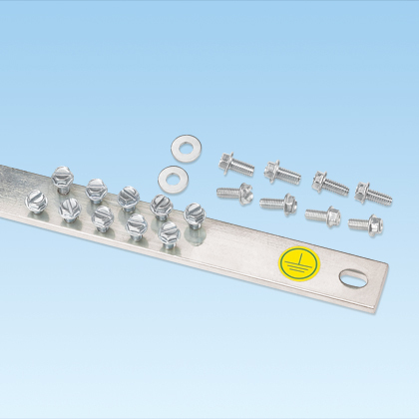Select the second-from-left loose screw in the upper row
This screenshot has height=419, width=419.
tap(282, 173)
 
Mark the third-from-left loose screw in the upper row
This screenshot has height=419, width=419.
tap(328, 183)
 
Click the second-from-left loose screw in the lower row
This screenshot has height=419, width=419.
tap(277, 204)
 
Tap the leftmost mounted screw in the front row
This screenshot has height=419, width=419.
tap(36, 201)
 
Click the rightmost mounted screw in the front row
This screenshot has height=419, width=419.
tap(169, 234)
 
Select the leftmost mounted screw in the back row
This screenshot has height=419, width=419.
tap(62, 177)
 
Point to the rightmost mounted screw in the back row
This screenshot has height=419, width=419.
tap(194, 212)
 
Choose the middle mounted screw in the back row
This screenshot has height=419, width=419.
tap(128, 196)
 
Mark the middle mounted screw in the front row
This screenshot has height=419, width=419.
tap(103, 217)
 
